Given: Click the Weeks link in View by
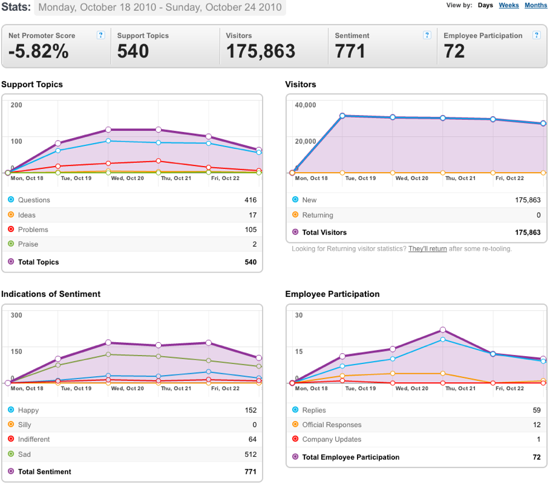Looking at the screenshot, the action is pyautogui.click(x=508, y=5).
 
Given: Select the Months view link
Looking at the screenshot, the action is pyautogui.click(x=536, y=5).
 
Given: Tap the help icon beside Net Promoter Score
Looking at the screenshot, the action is pyautogui.click(x=100, y=35).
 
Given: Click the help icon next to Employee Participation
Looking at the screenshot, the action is pyautogui.click(x=537, y=35).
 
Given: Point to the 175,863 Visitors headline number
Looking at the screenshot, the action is pyautogui.click(x=261, y=51).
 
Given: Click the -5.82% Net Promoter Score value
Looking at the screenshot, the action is pyautogui.click(x=39, y=51).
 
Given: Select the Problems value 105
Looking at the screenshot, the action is pyautogui.click(x=250, y=230).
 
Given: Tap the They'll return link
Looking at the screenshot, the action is pyautogui.click(x=428, y=249).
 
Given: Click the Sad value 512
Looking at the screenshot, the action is pyautogui.click(x=250, y=454).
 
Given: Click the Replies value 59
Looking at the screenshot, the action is pyautogui.click(x=537, y=410).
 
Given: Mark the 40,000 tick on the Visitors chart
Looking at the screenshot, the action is pyautogui.click(x=306, y=105).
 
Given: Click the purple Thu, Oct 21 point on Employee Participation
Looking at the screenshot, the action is pyautogui.click(x=443, y=330).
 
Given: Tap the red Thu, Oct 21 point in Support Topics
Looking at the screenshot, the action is pyautogui.click(x=159, y=161).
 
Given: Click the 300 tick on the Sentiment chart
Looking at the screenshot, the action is pyautogui.click(x=16, y=315).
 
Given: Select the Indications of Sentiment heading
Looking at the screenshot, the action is pyautogui.click(x=51, y=294).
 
